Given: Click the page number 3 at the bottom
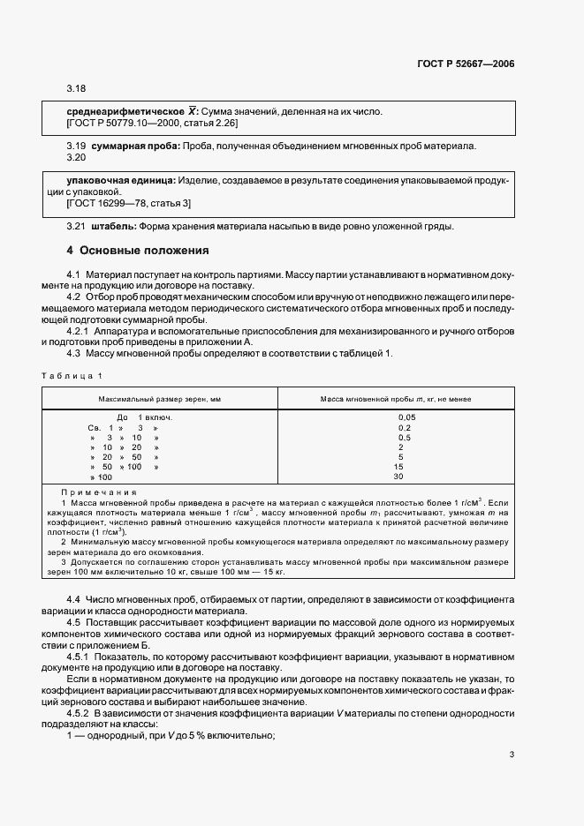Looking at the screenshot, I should [512, 755].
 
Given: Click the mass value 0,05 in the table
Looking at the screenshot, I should [406, 417].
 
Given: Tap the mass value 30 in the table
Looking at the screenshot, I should [398, 477].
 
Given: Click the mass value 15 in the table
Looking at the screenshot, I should [398, 467].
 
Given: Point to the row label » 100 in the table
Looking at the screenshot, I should [101, 477].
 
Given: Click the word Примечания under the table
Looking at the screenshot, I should [99, 492].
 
